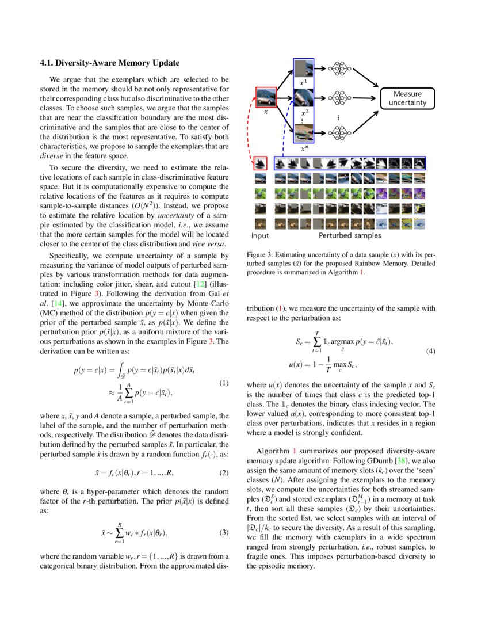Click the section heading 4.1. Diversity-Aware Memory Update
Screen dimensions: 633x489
(109, 63)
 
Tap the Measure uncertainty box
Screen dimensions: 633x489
(407, 98)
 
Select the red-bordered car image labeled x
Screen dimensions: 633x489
(266, 98)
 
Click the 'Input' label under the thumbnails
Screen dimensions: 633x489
(261, 235)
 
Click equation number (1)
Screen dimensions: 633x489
(224, 383)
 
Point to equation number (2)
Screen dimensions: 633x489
(224, 473)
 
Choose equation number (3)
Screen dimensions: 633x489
(224, 532)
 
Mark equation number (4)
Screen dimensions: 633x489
(429, 351)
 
